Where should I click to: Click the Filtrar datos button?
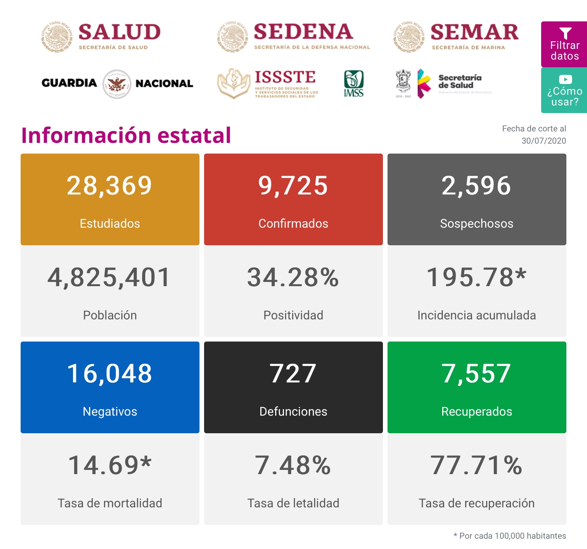(564, 44)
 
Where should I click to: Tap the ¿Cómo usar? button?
(564, 90)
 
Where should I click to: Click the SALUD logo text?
(119, 32)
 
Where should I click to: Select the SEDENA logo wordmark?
(303, 32)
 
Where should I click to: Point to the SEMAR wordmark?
(474, 32)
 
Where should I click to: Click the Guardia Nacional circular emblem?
(117, 84)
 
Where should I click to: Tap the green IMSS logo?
(353, 83)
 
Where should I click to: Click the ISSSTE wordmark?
(285, 77)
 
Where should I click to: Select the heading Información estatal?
(126, 135)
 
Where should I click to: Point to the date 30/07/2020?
(543, 141)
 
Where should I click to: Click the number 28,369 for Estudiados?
(110, 186)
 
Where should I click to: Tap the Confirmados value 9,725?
(293, 186)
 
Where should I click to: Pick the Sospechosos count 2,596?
(477, 186)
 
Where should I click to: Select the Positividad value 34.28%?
(293, 277)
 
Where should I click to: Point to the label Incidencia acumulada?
(477, 315)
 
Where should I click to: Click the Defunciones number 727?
(293, 374)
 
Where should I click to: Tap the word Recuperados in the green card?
(477, 411)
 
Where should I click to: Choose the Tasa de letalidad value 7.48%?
(293, 465)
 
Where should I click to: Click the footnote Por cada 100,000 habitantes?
(512, 536)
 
